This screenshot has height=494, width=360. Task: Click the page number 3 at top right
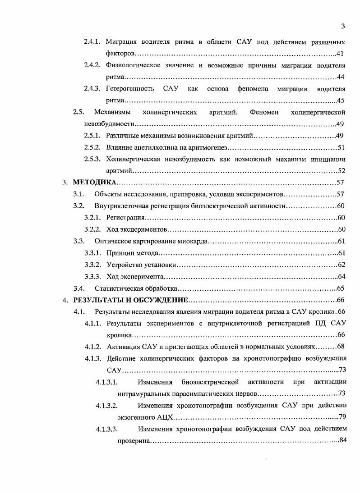343,26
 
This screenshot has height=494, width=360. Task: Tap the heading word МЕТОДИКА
94,183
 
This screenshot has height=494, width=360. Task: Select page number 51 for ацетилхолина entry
342,147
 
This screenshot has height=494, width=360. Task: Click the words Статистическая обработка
136,288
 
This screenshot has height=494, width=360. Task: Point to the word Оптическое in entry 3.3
111,241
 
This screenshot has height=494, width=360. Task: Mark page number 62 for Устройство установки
342,265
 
